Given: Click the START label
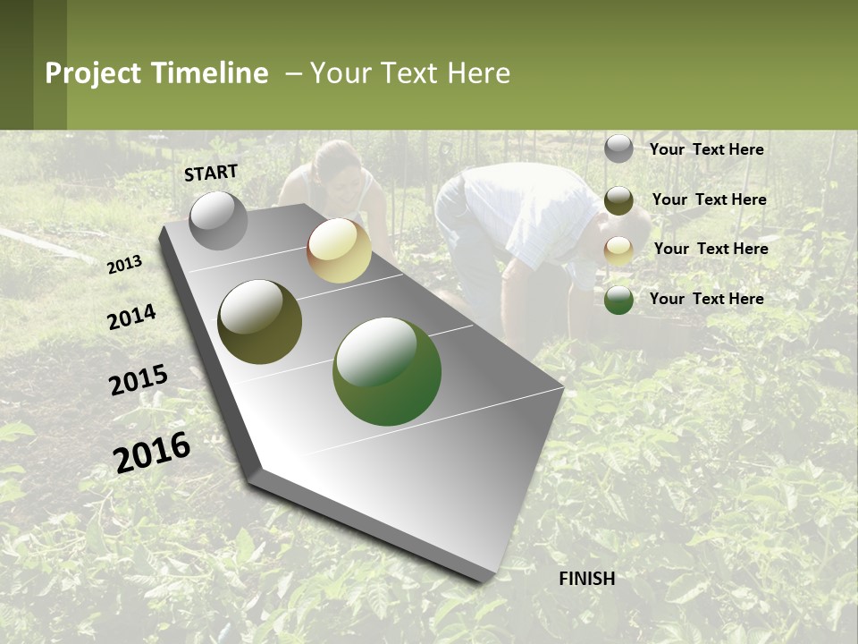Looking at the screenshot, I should point(211,173).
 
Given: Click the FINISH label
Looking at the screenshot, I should point(586,579).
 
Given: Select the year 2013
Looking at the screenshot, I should point(125,264).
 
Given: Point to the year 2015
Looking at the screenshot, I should point(139,380).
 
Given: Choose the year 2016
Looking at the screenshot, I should point(152,452).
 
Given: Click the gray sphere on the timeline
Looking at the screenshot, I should point(219,220).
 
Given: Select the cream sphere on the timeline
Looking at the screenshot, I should point(339,250).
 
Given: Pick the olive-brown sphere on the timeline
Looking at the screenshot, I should point(260,322).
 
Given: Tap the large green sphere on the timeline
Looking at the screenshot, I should point(387,371).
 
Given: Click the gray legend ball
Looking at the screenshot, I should point(618,149).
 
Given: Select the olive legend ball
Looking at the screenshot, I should point(618,200).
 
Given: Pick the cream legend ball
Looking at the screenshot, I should point(618,250).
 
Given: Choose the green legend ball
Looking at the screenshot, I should point(618,300).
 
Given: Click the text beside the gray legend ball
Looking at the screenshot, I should point(706,149).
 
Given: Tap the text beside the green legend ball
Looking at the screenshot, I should point(706,299).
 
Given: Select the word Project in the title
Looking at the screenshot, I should point(93,73).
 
